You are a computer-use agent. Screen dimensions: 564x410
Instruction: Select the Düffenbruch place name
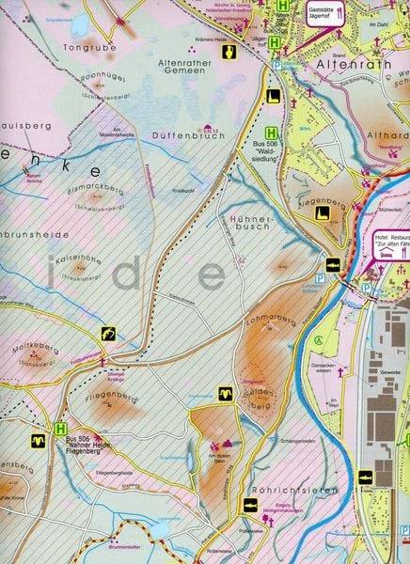[x=176, y=135]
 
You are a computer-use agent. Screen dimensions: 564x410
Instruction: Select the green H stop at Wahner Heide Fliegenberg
[x=60, y=429]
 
